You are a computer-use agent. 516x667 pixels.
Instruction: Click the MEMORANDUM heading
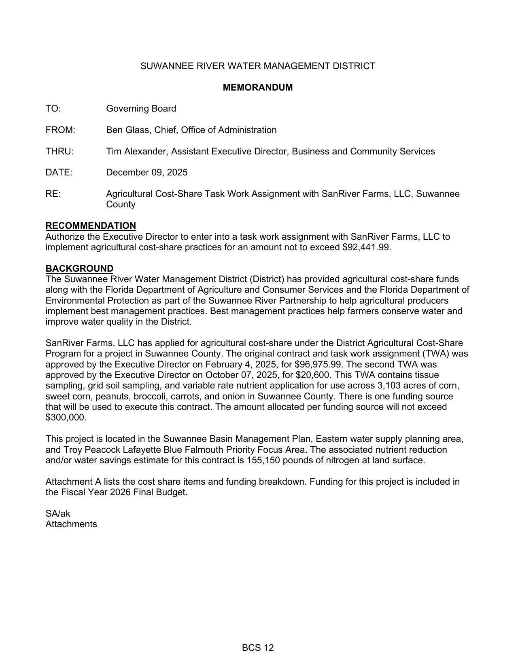257,87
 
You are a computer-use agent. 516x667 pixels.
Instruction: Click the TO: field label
53,109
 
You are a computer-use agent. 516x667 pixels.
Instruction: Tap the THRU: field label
59,152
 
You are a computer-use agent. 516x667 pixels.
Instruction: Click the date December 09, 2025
147,173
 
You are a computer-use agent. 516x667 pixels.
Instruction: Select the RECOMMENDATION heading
91,226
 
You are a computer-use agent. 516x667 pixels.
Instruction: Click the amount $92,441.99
366,247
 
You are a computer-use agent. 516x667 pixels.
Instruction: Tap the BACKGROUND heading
79,268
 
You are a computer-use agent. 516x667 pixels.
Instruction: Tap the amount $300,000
66,418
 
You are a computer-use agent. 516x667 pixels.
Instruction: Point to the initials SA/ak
57,514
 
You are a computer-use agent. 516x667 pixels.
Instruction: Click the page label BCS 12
258,648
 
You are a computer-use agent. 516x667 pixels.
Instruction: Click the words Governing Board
141,109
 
